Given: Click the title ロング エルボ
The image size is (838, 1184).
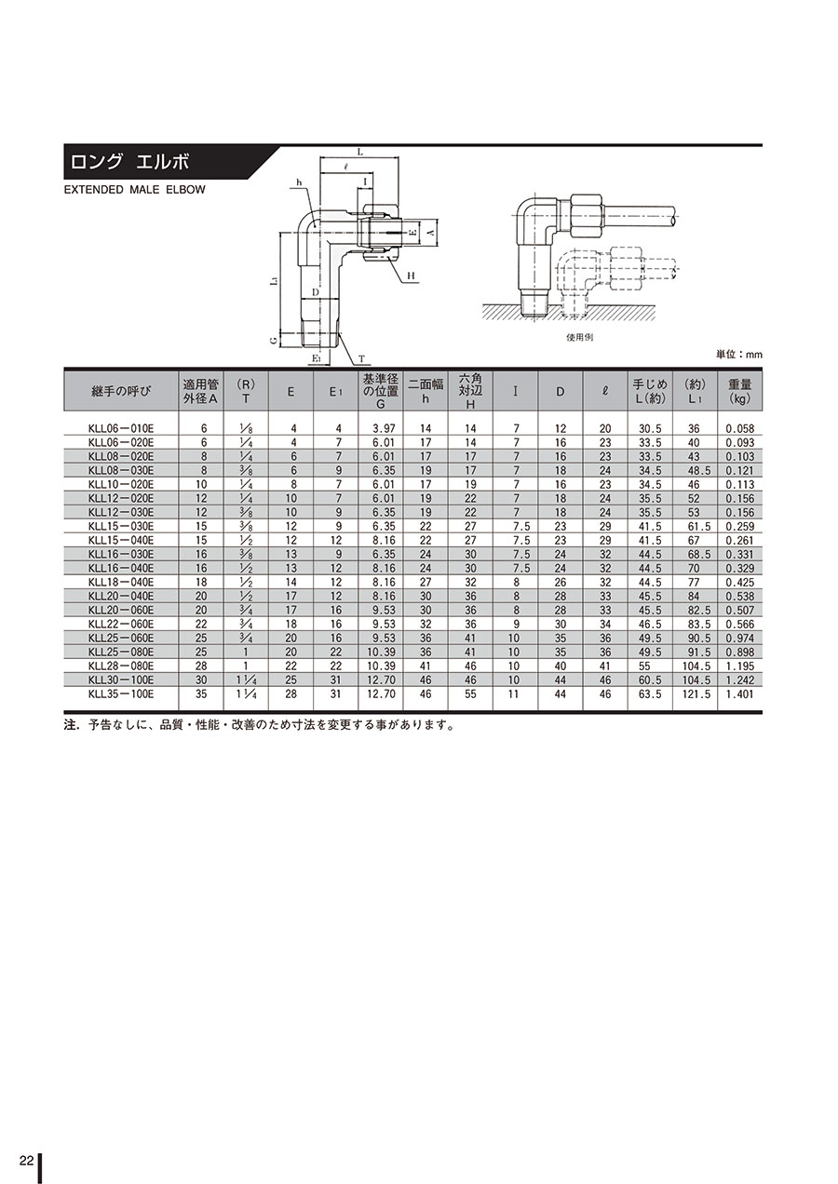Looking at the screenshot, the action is [x=129, y=162].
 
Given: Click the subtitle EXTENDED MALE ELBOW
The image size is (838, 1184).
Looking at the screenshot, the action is [x=134, y=190].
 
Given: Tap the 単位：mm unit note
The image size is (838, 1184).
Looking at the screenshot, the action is [x=739, y=355].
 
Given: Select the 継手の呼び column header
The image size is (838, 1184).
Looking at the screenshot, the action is [x=121, y=392].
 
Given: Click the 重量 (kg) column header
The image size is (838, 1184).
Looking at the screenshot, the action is [x=739, y=392].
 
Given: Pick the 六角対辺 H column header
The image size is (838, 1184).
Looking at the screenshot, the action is [x=470, y=391].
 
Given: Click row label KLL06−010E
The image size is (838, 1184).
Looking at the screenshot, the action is [x=121, y=428].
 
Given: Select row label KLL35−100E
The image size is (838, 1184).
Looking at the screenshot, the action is [x=121, y=693].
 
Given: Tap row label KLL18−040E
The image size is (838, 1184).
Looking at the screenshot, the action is [x=121, y=582].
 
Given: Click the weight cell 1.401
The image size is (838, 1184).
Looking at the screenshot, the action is [x=739, y=694].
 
